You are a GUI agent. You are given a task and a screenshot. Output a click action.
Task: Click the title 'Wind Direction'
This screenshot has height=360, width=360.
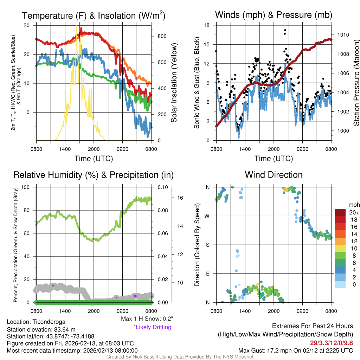click(274, 175)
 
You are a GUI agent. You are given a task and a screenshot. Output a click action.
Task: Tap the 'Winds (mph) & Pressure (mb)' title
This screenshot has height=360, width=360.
click(274, 15)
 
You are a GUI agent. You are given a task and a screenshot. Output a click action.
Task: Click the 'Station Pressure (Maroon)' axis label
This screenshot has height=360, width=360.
click(356, 83)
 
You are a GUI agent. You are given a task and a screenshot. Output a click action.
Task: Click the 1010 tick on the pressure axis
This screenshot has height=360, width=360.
click(343, 35)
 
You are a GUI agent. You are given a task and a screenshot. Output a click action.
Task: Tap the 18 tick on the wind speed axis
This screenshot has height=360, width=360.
click(207, 25)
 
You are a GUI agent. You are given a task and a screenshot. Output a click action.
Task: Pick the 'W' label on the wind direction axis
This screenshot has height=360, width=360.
click(207, 216)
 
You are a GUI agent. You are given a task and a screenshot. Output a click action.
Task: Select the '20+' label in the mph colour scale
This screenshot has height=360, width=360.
click(354, 213)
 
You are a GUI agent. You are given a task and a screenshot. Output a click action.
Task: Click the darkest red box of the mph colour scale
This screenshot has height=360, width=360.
click(341, 213)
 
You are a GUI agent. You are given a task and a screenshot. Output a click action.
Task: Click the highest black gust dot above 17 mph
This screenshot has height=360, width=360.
click(285, 30)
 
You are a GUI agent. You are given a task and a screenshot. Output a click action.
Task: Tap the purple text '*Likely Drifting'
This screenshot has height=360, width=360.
click(152, 327)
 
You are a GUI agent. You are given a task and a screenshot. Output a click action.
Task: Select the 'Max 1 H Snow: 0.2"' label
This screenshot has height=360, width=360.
click(147, 319)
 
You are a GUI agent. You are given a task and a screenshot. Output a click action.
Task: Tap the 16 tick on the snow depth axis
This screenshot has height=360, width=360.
click(180, 198)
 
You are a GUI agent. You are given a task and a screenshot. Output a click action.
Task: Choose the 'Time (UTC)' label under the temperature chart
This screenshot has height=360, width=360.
click(94, 159)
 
